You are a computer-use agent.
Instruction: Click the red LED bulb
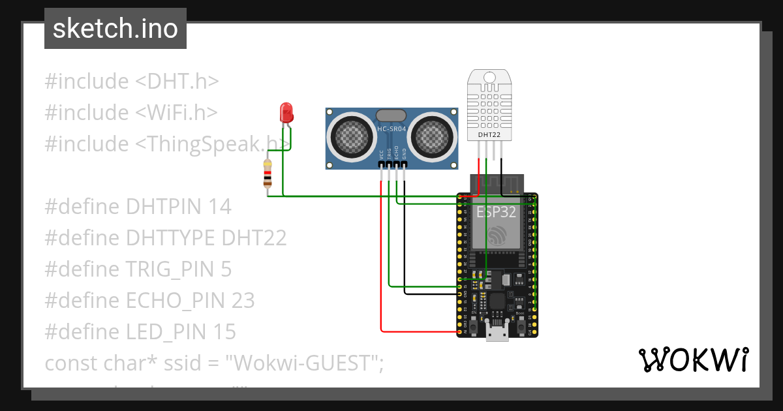pos(286,113)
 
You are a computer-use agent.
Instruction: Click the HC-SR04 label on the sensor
pos(391,129)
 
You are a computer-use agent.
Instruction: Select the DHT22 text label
pos(489,135)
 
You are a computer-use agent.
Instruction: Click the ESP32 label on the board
pos(497,213)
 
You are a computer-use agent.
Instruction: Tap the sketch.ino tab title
pos(115,29)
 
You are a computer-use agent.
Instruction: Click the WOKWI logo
pos(693,360)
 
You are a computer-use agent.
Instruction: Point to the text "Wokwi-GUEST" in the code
pos(304,363)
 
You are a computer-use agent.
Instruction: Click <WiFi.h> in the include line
pos(176,113)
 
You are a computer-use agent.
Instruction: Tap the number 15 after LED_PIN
pos(223,332)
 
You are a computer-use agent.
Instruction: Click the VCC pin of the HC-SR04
pos(381,167)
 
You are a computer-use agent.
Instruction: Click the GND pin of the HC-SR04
pos(405,167)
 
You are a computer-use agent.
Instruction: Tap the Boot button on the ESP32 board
pos(520,326)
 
